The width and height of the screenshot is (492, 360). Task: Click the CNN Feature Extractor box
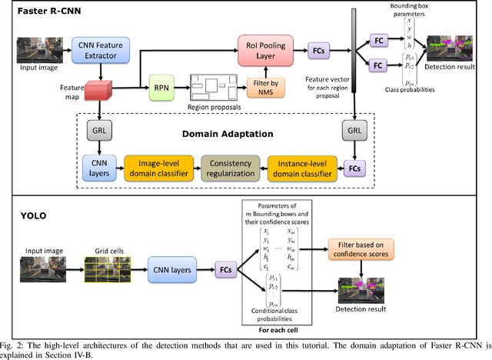coord(99,50)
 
